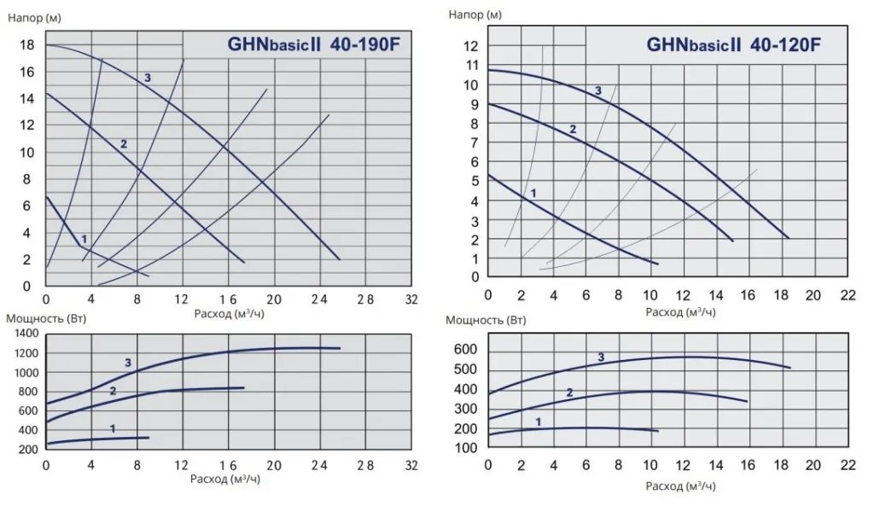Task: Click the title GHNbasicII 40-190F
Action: [x=313, y=45]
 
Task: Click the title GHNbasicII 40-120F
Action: [x=733, y=44]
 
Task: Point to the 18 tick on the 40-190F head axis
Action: [x=27, y=44]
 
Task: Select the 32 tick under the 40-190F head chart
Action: [x=411, y=300]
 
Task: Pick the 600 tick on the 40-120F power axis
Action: [x=464, y=350]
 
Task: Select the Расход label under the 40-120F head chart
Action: [x=680, y=311]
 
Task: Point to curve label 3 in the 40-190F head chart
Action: [x=148, y=79]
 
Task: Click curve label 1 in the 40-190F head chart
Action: [x=84, y=238]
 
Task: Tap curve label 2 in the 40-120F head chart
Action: [x=573, y=130]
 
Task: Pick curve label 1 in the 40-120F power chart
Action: [x=538, y=422]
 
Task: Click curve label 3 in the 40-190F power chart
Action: [x=128, y=363]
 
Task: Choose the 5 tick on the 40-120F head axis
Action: [x=474, y=181]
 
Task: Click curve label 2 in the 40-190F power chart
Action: [x=112, y=390]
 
